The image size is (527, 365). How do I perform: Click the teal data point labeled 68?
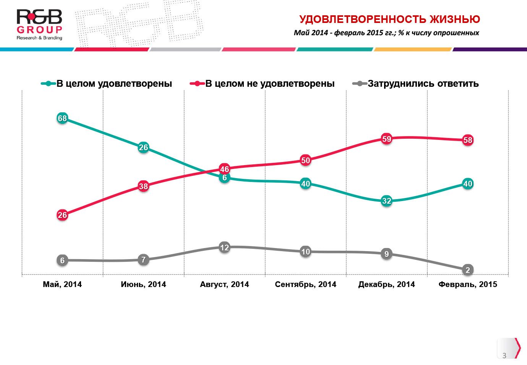(62, 118)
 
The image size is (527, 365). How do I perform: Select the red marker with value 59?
(387, 139)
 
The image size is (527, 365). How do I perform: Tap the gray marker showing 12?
(225, 248)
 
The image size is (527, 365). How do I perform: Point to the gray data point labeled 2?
(468, 270)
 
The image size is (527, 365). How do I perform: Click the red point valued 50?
(306, 161)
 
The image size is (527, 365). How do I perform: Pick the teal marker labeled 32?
(387, 201)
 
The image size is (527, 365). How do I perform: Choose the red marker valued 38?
(143, 187)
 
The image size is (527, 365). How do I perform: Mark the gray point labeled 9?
(387, 254)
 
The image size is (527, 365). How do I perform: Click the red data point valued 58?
(468, 140)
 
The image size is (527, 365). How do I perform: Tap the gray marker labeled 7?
(143, 260)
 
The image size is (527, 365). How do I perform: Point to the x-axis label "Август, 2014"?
(224, 284)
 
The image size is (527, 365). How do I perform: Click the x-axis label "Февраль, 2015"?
(468, 284)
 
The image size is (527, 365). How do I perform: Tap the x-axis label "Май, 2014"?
(62, 284)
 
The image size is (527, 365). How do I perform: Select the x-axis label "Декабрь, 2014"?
(386, 284)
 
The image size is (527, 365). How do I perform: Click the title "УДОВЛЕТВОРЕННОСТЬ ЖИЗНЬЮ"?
(389, 19)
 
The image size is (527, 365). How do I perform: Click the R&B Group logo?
(39, 25)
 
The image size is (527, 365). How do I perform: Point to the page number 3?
(504, 355)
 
